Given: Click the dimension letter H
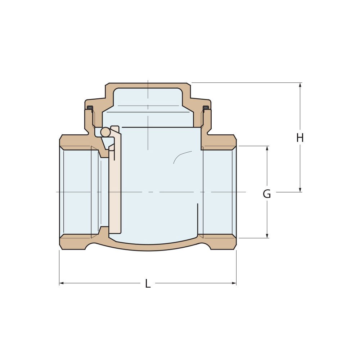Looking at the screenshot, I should pyautogui.click(x=300, y=138).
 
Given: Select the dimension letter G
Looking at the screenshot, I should pyautogui.click(x=267, y=194).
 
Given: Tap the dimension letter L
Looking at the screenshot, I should pyautogui.click(x=148, y=284).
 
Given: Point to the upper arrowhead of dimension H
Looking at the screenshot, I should pyautogui.click(x=300, y=85).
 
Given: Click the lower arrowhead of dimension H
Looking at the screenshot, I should pyautogui.click(x=300, y=190).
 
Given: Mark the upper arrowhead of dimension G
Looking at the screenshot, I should pyautogui.click(x=267, y=148).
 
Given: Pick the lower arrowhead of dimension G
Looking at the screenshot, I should pyautogui.click(x=267, y=236).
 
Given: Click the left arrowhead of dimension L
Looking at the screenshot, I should pyautogui.click(x=62, y=283).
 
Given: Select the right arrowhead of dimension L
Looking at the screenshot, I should pyautogui.click(x=234, y=283).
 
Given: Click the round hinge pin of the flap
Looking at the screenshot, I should pyautogui.click(x=105, y=132).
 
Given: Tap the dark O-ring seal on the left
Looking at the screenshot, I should pyautogui.click(x=90, y=108).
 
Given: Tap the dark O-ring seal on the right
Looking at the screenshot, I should pyautogui.click(x=206, y=108).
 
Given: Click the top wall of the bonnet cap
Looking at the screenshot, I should pyautogui.click(x=148, y=86).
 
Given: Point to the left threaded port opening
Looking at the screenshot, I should pyautogui.click(x=77, y=192).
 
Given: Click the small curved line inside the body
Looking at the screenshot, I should pyautogui.click(x=181, y=156).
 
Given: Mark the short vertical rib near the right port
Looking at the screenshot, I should pyautogui.click(x=198, y=220).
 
